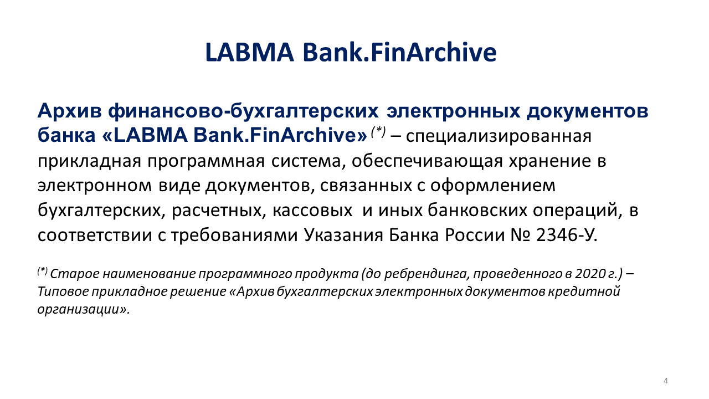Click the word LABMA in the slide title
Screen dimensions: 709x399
[250, 52]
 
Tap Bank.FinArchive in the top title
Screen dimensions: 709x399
[399, 52]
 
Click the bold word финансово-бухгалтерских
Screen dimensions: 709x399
[243, 111]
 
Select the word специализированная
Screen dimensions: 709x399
[499, 136]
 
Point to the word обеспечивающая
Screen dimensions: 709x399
[427, 161]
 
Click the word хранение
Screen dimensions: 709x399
[550, 161]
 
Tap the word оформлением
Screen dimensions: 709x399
[492, 186]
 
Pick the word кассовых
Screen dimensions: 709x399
[312, 210]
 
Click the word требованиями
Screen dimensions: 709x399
[234, 236]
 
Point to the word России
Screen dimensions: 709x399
[475, 236]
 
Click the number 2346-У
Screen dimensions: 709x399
[567, 236]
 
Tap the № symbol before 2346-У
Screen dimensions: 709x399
[521, 236]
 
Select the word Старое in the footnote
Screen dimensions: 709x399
[74, 274]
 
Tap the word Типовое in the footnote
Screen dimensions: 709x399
[63, 291]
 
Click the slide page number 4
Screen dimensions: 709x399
[666, 381]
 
